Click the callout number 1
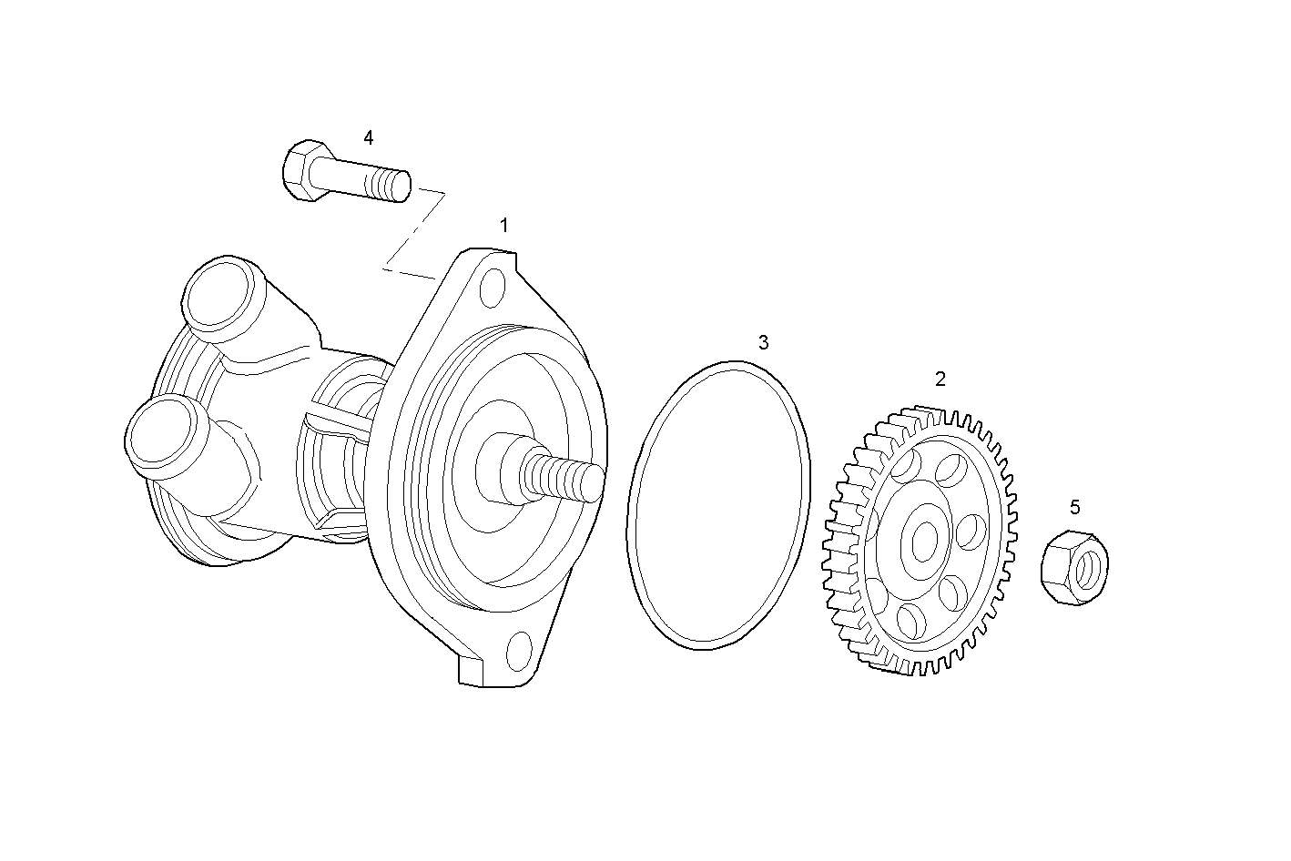[x=503, y=225]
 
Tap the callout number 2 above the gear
[x=940, y=379]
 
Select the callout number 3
[x=763, y=342]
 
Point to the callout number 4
[x=368, y=137]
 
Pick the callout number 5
[x=1074, y=507]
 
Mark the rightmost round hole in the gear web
[x=971, y=532]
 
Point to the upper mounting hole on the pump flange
[x=492, y=286]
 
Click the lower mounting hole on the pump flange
[x=518, y=649]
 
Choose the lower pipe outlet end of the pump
[x=158, y=432]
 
